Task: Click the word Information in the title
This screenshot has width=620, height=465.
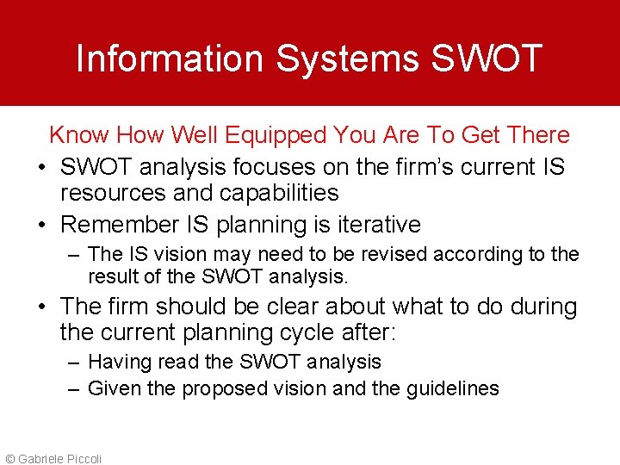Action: [169, 59]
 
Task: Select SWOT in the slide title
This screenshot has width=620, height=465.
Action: [486, 59]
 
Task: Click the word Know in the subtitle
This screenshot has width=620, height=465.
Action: [79, 134]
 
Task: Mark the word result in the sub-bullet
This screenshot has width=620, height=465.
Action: [111, 276]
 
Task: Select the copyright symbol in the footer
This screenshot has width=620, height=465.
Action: [9, 459]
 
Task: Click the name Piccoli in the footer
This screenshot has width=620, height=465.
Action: [84, 459]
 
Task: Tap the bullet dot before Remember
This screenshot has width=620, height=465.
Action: [41, 226]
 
